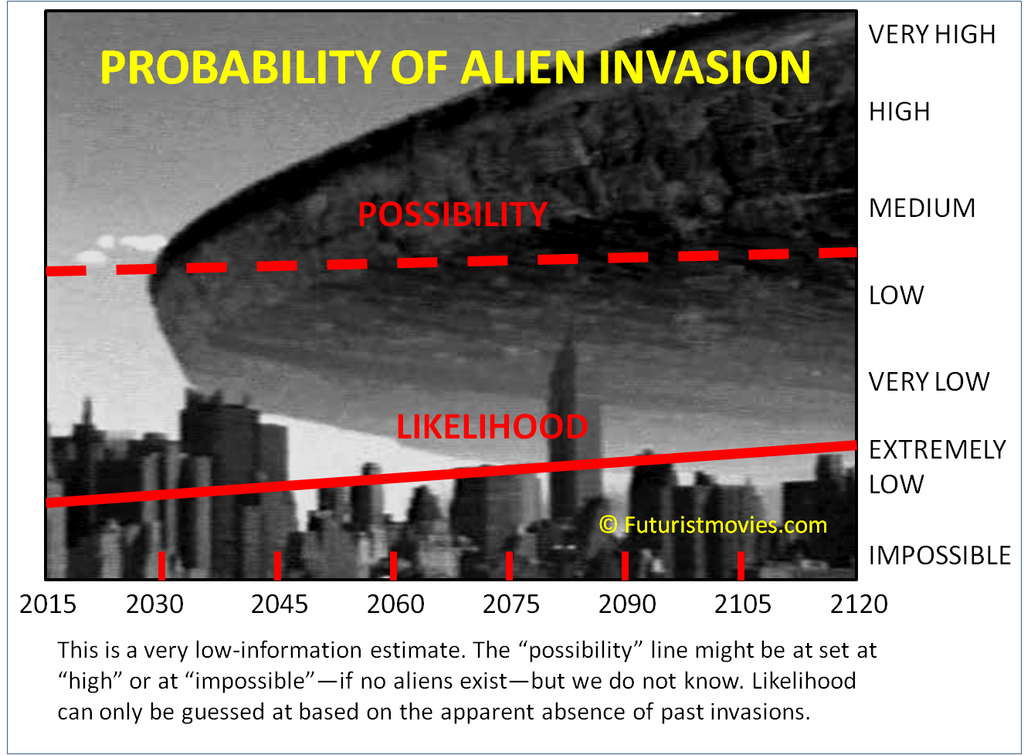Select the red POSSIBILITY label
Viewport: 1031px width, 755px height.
pyautogui.click(x=453, y=215)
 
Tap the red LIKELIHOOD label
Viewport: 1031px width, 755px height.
pyautogui.click(x=492, y=426)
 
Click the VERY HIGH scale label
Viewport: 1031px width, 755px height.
pyautogui.click(x=931, y=35)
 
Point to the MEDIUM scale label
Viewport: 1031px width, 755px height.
pyautogui.click(x=922, y=208)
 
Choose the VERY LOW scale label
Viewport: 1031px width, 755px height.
pyautogui.click(x=929, y=382)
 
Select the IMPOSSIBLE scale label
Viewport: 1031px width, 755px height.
pyautogui.click(x=939, y=555)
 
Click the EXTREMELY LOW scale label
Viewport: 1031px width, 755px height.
pyautogui.click(x=937, y=467)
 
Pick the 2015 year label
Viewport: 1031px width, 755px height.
pyautogui.click(x=47, y=604)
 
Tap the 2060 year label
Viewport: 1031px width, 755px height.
pyautogui.click(x=395, y=604)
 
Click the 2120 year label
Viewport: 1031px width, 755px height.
pyautogui.click(x=859, y=604)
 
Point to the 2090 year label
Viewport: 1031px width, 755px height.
pyautogui.click(x=627, y=604)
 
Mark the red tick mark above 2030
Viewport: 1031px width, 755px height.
pyautogui.click(x=161, y=565)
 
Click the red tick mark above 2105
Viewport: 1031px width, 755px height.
pyautogui.click(x=741, y=565)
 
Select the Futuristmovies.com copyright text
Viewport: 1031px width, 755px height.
pyautogui.click(x=713, y=525)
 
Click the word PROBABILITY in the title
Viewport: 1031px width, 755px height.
pyautogui.click(x=241, y=67)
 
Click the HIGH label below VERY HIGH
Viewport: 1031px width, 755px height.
pyautogui.click(x=900, y=112)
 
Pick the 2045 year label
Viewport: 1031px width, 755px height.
pyautogui.click(x=280, y=604)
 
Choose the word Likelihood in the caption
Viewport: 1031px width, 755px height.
pyautogui.click(x=804, y=681)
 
